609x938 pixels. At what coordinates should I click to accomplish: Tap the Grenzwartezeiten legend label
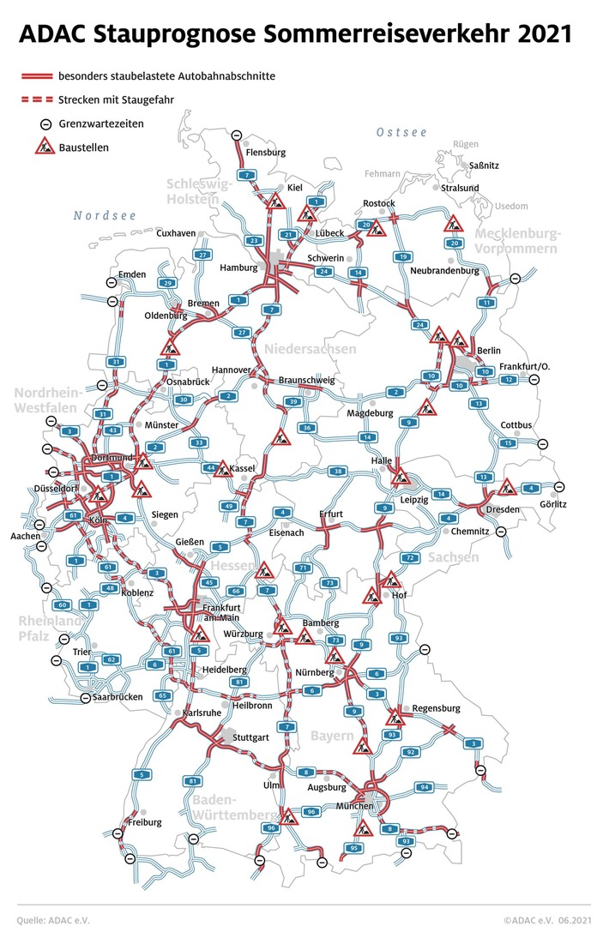tap(101, 123)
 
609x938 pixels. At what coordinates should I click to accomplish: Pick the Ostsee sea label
tap(401, 132)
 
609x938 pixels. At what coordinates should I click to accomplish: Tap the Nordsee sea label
tap(104, 215)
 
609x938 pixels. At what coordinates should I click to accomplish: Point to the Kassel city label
tap(246, 468)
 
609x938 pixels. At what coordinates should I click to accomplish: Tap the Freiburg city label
tap(144, 821)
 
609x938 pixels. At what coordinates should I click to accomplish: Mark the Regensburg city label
tap(437, 708)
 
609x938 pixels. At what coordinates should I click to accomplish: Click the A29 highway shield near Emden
tap(168, 283)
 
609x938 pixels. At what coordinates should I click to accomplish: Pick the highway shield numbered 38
tap(340, 472)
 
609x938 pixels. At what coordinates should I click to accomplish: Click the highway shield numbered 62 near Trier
tap(110, 659)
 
